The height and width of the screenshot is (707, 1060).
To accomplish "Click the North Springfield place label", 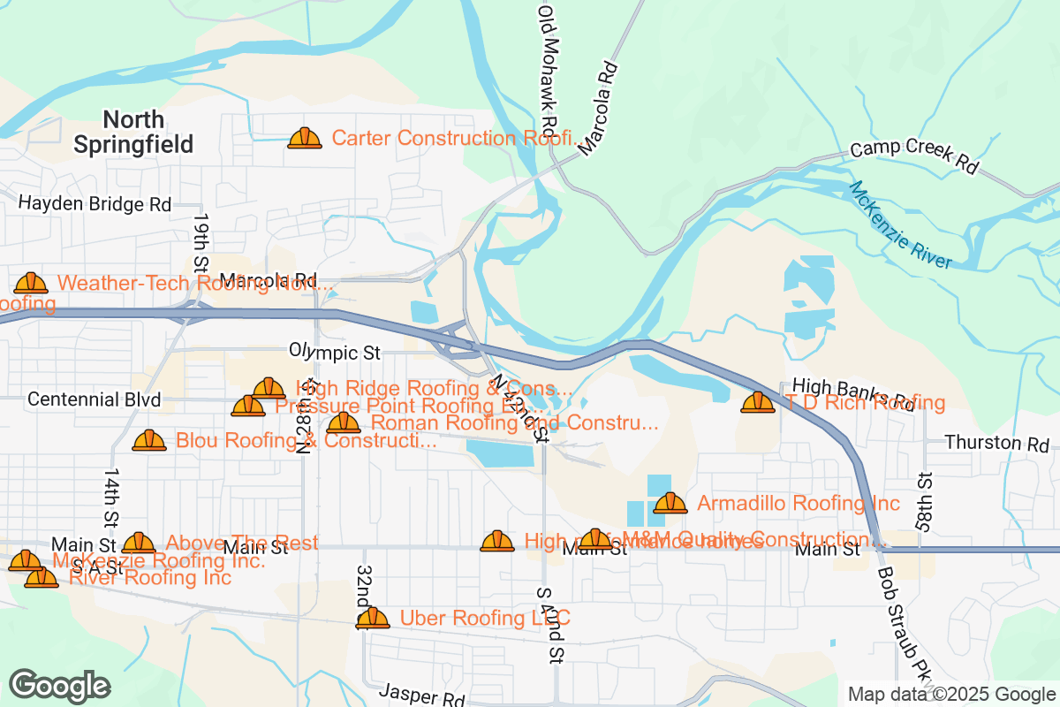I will tap(132, 132).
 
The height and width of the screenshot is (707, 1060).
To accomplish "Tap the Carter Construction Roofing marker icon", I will tap(305, 138).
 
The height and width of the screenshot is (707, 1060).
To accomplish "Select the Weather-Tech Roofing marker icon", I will tap(31, 283).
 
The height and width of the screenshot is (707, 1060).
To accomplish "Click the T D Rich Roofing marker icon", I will tap(757, 402).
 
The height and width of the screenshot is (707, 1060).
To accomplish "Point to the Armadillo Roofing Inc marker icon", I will tap(670, 503).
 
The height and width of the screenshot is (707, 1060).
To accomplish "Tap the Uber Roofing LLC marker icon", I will tap(373, 618).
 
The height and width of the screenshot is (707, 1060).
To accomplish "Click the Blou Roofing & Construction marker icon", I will tap(149, 440).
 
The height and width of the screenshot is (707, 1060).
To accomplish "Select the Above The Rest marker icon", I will tap(139, 543).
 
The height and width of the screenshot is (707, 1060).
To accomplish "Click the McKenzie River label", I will tap(900, 225).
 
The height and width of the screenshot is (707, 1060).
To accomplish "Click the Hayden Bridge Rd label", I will tap(95, 204).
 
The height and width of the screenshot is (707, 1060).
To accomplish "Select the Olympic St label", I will tap(334, 353).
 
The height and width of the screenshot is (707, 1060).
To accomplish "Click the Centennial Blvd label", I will tap(95, 399).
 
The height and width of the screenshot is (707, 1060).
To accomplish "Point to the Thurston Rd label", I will tap(996, 443).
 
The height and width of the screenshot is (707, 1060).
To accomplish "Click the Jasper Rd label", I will tap(422, 695).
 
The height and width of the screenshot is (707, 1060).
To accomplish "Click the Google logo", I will tap(60, 686).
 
